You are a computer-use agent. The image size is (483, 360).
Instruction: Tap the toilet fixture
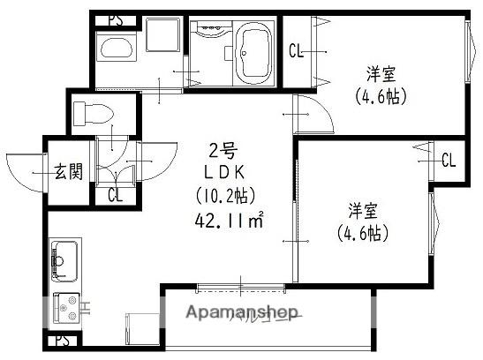pyautogui.click(x=90, y=113)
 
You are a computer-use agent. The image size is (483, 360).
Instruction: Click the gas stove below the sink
pyautogui.click(x=65, y=308)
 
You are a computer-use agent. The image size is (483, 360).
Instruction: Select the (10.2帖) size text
pyautogui.click(x=221, y=194)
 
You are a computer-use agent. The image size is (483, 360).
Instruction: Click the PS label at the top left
pyautogui.click(x=114, y=19)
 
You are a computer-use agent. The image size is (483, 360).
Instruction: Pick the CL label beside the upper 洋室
pyautogui.click(x=298, y=51)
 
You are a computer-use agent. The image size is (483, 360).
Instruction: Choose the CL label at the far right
pyautogui.click(x=449, y=160)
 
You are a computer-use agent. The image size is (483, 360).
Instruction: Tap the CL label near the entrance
pyautogui.click(x=114, y=195)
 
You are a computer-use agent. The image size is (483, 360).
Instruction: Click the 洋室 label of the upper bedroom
pyautogui.click(x=381, y=72)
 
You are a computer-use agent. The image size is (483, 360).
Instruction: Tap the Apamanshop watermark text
pyautogui.click(x=240, y=314)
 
